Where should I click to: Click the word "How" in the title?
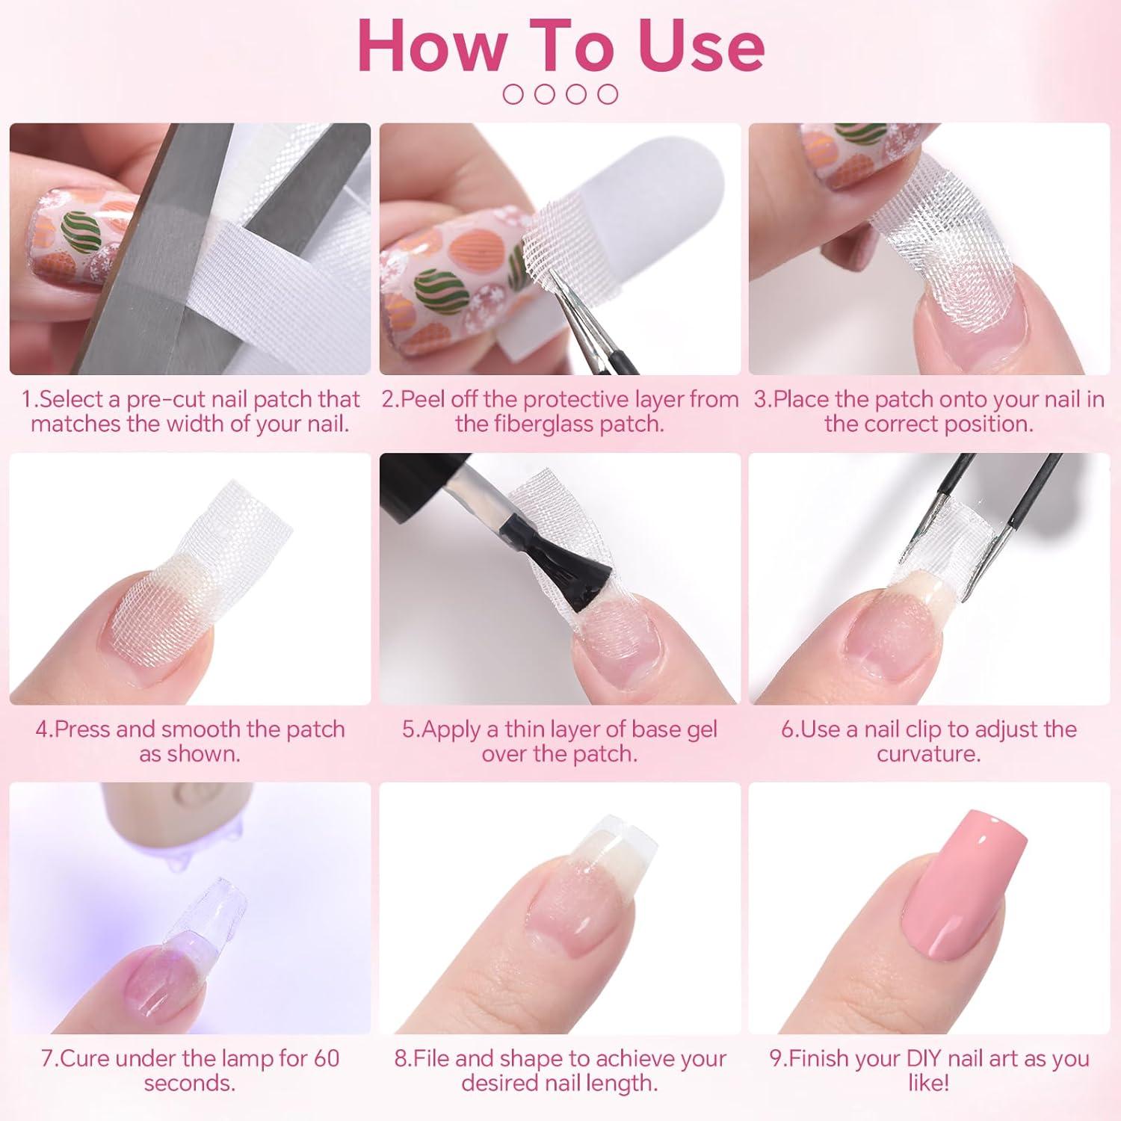431,47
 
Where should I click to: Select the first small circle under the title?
513,94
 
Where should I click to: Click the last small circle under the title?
608,94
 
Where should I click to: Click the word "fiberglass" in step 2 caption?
547,424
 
